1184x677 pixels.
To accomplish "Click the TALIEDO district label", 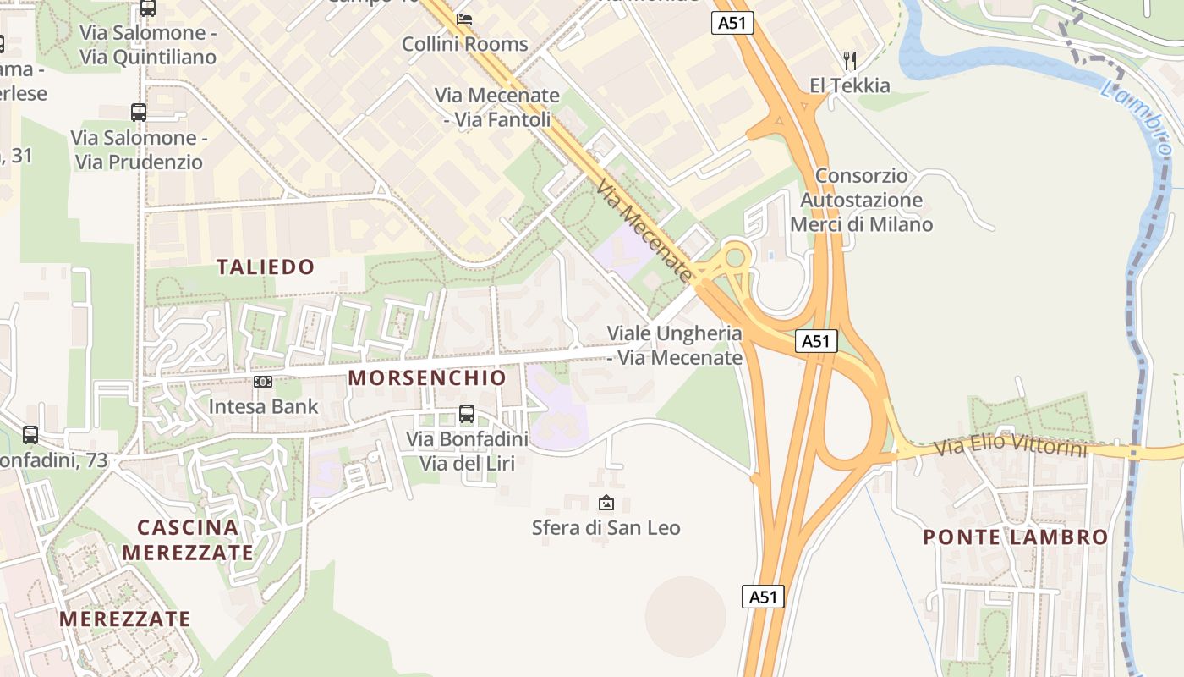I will point(266,267).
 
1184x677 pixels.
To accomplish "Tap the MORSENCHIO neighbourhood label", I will point(427,377).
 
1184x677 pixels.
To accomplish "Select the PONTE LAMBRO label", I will point(1015,537).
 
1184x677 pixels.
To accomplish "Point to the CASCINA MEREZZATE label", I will point(188,540).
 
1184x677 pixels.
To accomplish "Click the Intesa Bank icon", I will point(263,382).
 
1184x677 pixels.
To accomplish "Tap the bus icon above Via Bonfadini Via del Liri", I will point(466,414).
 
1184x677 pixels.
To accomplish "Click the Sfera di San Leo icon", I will point(606,503).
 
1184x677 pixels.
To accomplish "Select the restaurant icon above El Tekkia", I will point(850,60).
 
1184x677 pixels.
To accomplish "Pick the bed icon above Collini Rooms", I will point(464,19).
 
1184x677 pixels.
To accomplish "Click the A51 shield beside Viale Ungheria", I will point(815,341).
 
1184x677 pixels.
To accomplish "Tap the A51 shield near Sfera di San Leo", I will point(763,596).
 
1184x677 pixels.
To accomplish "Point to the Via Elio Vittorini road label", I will point(1010,446).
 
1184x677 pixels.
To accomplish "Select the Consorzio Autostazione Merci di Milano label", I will point(861,201).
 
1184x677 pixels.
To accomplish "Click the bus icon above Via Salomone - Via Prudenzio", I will point(138,112).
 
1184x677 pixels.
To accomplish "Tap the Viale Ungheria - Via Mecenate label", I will point(675,345).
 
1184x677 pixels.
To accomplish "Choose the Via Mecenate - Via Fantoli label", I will point(497,107).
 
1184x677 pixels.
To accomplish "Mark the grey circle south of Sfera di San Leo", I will point(685,616).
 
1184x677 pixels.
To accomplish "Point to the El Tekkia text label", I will point(850,85).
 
